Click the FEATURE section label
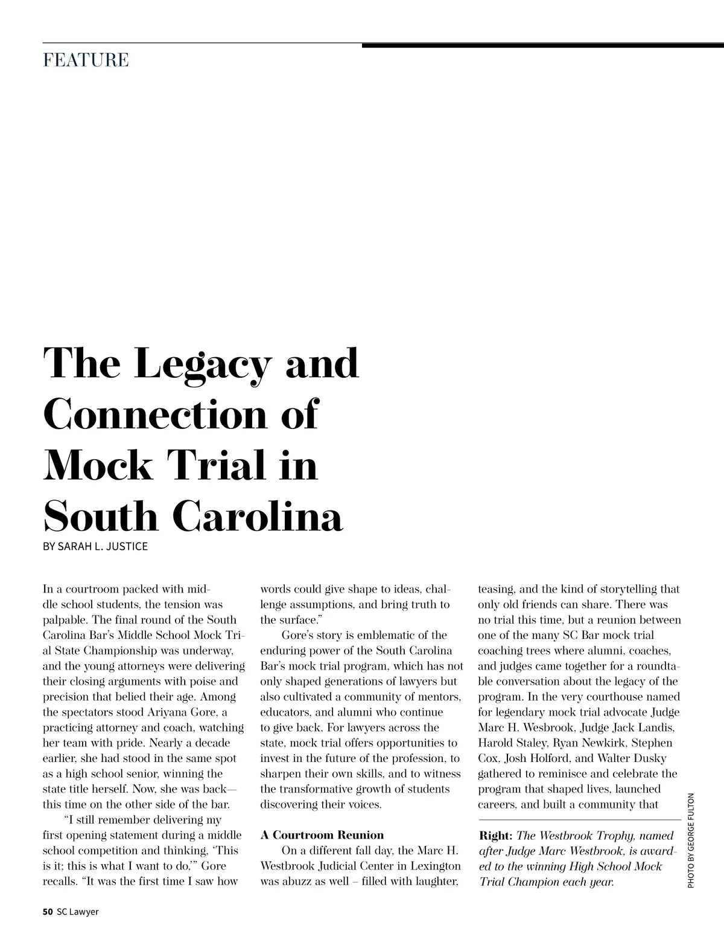click(86, 60)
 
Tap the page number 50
click(48, 912)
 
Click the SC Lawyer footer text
click(77, 912)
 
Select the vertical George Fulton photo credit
click(691, 839)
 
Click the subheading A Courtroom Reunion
click(322, 835)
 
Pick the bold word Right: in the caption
click(495, 836)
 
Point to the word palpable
click(62, 620)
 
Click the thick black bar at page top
click(543, 45)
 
